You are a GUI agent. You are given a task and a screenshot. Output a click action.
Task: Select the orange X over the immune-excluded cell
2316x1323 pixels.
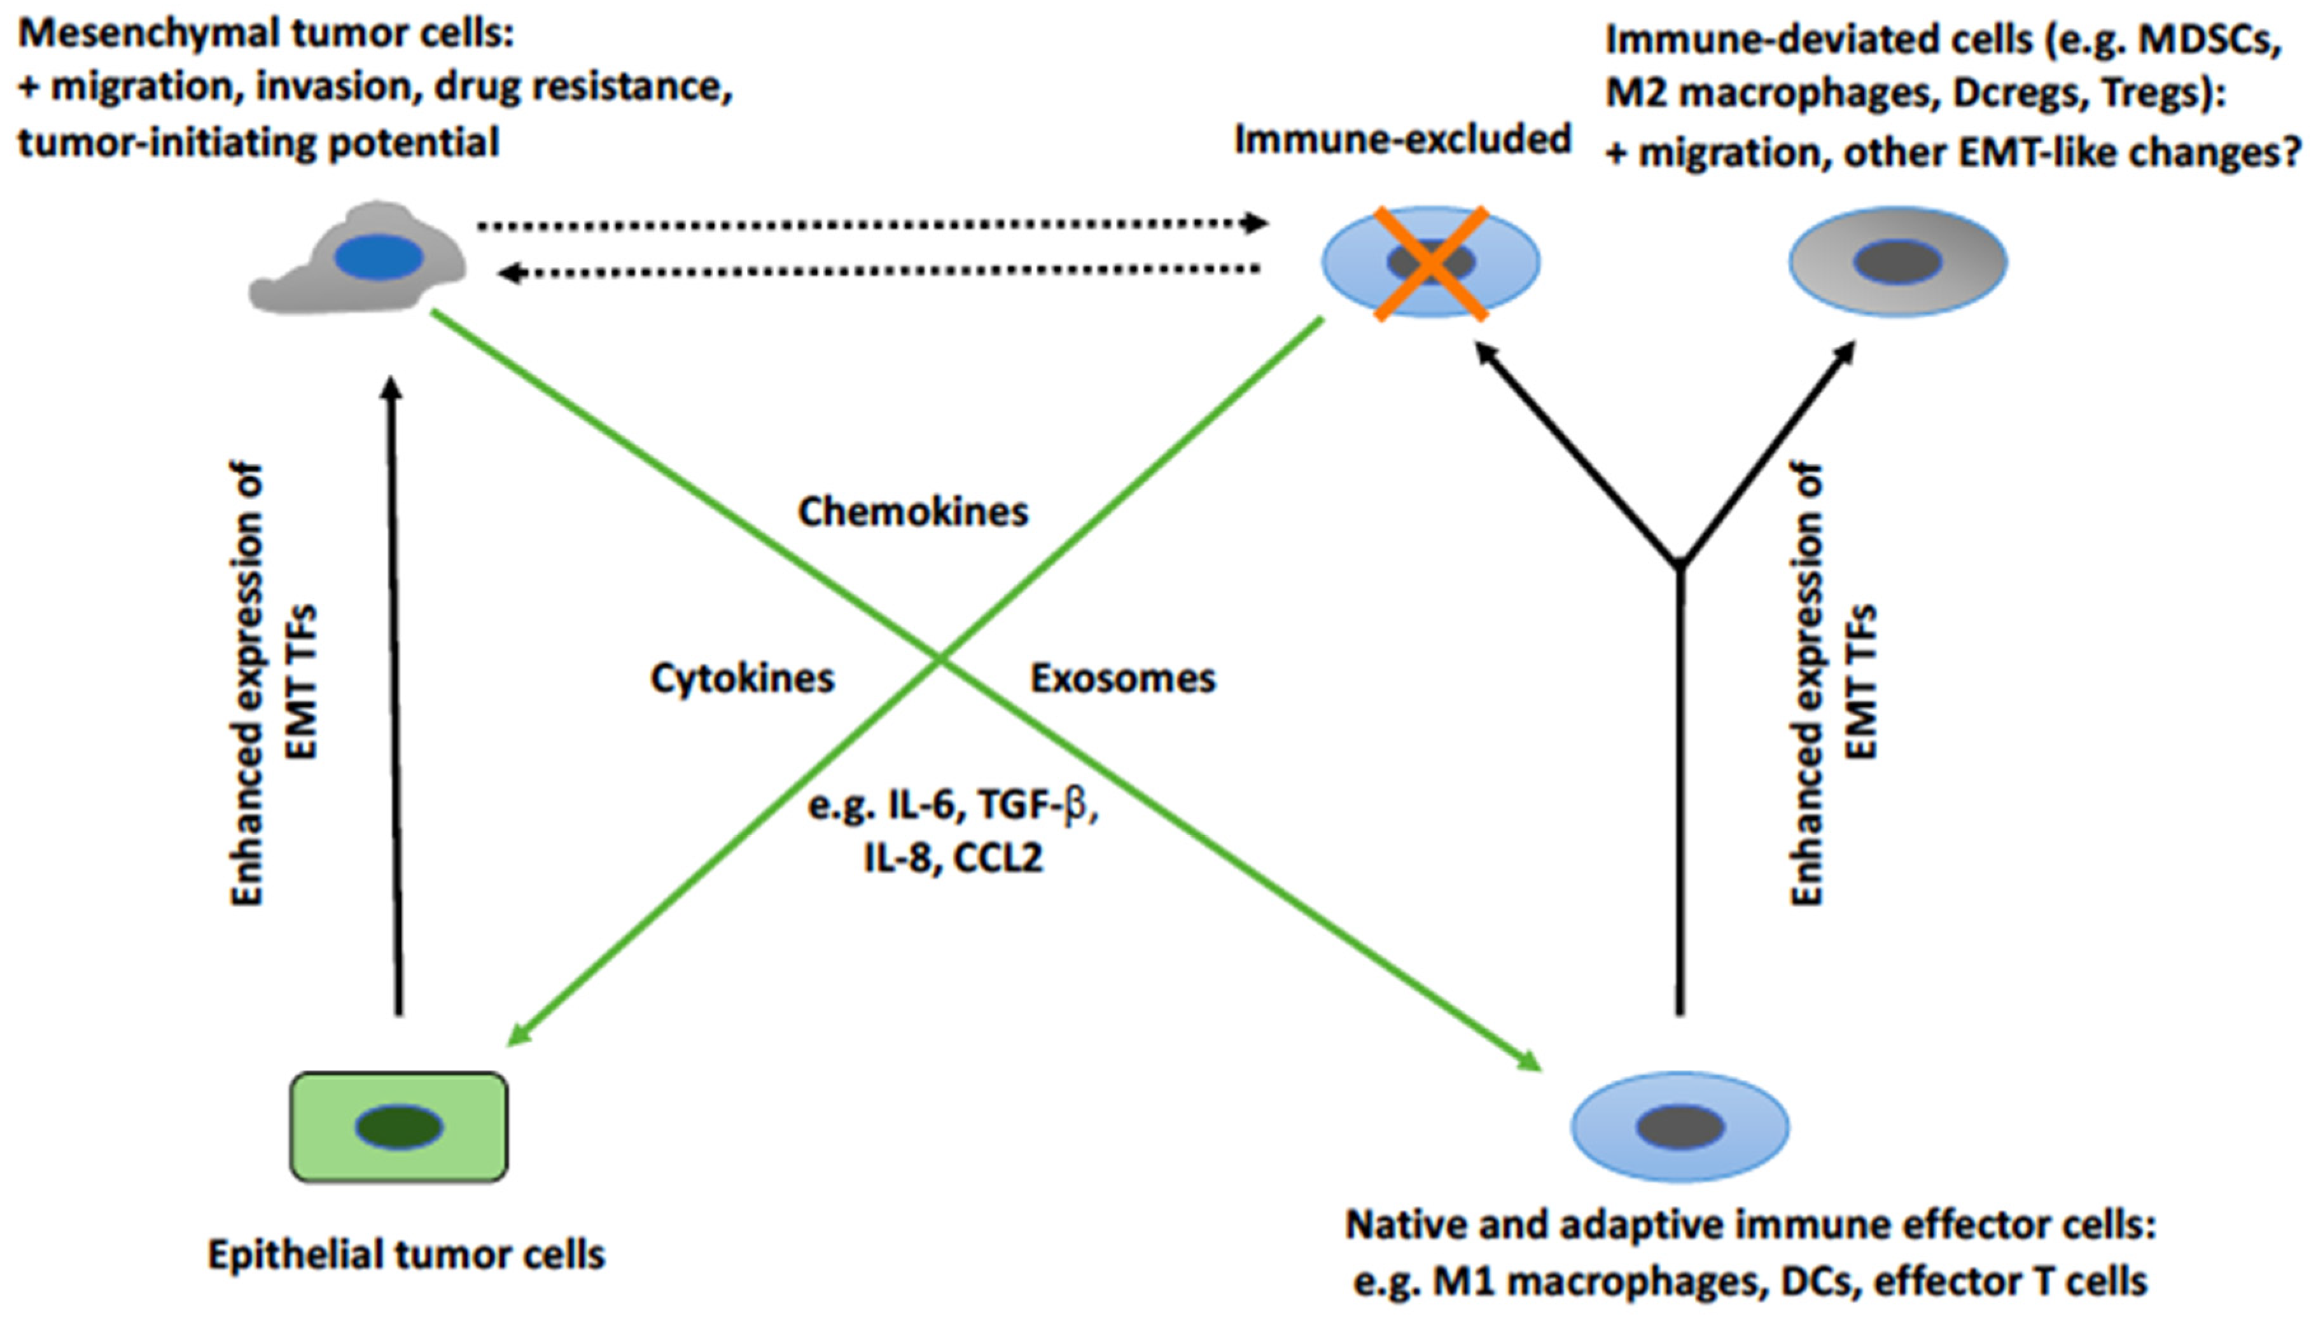[1431, 263]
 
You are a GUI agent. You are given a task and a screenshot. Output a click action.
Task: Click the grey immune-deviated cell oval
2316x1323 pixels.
[1898, 261]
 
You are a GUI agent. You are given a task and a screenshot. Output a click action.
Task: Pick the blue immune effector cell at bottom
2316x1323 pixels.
[1680, 1126]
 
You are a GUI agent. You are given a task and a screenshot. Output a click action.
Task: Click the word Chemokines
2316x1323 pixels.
[912, 511]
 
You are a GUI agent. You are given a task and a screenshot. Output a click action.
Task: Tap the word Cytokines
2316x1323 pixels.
[742, 679]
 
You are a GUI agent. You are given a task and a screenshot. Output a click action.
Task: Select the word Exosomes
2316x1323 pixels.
[1122, 679]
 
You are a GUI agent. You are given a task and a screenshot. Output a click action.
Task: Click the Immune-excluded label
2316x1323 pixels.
[1402, 140]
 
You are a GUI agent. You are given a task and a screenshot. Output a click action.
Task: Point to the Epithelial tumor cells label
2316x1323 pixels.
[407, 1255]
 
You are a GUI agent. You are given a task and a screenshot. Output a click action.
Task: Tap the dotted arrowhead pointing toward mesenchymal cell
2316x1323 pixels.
[510, 272]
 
